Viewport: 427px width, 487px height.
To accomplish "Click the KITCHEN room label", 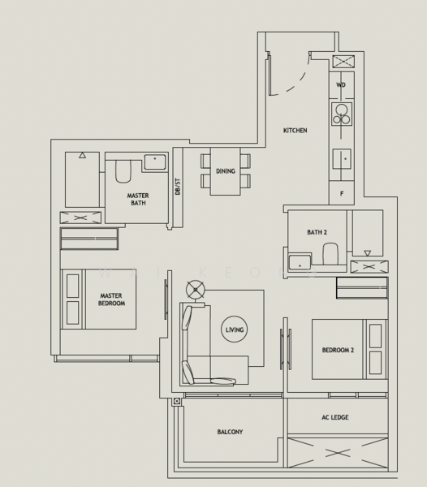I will coord(295,131).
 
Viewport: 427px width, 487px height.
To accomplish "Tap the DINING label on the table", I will coord(226,171).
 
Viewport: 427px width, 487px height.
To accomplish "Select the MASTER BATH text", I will coord(138,199).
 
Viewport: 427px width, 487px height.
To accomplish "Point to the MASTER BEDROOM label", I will coord(112,300).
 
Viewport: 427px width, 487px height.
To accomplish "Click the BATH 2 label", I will coord(317,233).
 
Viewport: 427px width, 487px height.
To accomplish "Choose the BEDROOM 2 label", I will coord(338,350).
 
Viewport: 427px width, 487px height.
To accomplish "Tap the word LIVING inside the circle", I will coord(234,330).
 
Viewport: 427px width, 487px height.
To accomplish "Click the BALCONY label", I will coord(230,432).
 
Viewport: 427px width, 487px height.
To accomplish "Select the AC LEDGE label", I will coord(334,417).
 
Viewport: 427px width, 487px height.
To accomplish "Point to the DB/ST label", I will coord(177,186).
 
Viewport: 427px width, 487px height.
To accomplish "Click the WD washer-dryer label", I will coord(341,84).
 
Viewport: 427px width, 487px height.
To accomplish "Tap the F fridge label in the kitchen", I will coord(342,194).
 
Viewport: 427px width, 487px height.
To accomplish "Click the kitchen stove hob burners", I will coord(342,114).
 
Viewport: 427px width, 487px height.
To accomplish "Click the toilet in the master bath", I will coord(123,171).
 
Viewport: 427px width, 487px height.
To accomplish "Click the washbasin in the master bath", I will coord(154,162).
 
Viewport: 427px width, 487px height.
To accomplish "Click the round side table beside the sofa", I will coord(195,290).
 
